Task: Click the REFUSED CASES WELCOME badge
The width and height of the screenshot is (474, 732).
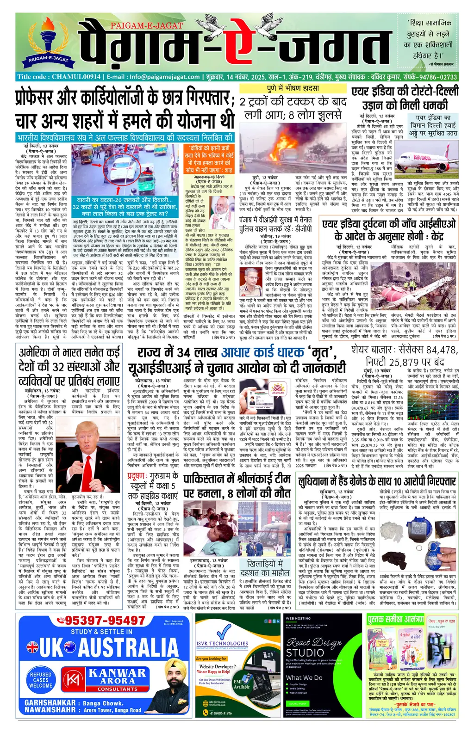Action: (x=40, y=680)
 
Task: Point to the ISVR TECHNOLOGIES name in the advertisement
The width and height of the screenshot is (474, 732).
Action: (x=222, y=643)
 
